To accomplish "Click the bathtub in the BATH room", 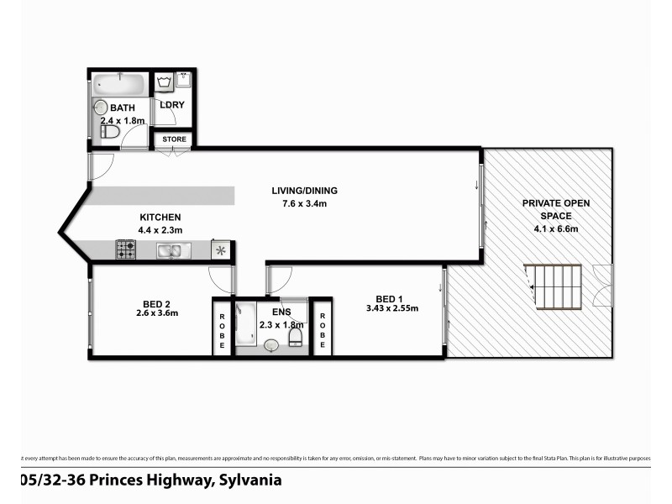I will tap(118, 84).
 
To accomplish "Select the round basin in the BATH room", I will tap(101, 108).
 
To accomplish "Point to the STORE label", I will tap(174, 139).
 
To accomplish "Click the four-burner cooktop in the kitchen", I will tap(126, 249).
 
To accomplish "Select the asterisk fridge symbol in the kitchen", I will tap(222, 250).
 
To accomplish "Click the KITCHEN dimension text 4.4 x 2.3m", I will tap(160, 229).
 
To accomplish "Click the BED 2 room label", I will tap(157, 301).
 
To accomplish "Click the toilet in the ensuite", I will tap(296, 337).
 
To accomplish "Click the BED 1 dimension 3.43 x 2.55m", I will tap(390, 308).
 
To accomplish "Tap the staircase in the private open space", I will tap(554, 287).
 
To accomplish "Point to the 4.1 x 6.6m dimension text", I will tap(549, 228).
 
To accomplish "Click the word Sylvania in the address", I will tap(249, 480).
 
